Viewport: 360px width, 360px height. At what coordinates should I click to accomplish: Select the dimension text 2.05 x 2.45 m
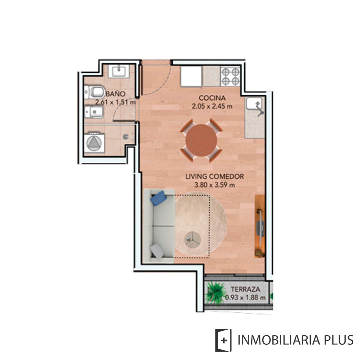pos(212,106)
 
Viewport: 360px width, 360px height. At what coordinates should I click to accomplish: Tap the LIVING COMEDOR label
pos(214,176)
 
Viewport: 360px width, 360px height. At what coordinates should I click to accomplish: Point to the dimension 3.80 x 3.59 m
pos(214,185)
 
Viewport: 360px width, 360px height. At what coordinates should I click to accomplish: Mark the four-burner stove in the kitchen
pos(230,76)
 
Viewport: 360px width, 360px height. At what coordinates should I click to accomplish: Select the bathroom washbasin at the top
pos(119,71)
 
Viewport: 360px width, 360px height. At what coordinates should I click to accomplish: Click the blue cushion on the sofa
pos(159,198)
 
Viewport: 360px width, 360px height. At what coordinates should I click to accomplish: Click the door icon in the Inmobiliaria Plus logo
pos(223,340)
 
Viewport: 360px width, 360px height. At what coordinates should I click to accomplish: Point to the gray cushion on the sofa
pos(157,251)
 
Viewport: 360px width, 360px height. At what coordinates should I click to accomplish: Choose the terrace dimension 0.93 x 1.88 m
pos(245,298)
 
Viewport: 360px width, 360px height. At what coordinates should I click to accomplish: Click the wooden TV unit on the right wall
pos(260,226)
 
